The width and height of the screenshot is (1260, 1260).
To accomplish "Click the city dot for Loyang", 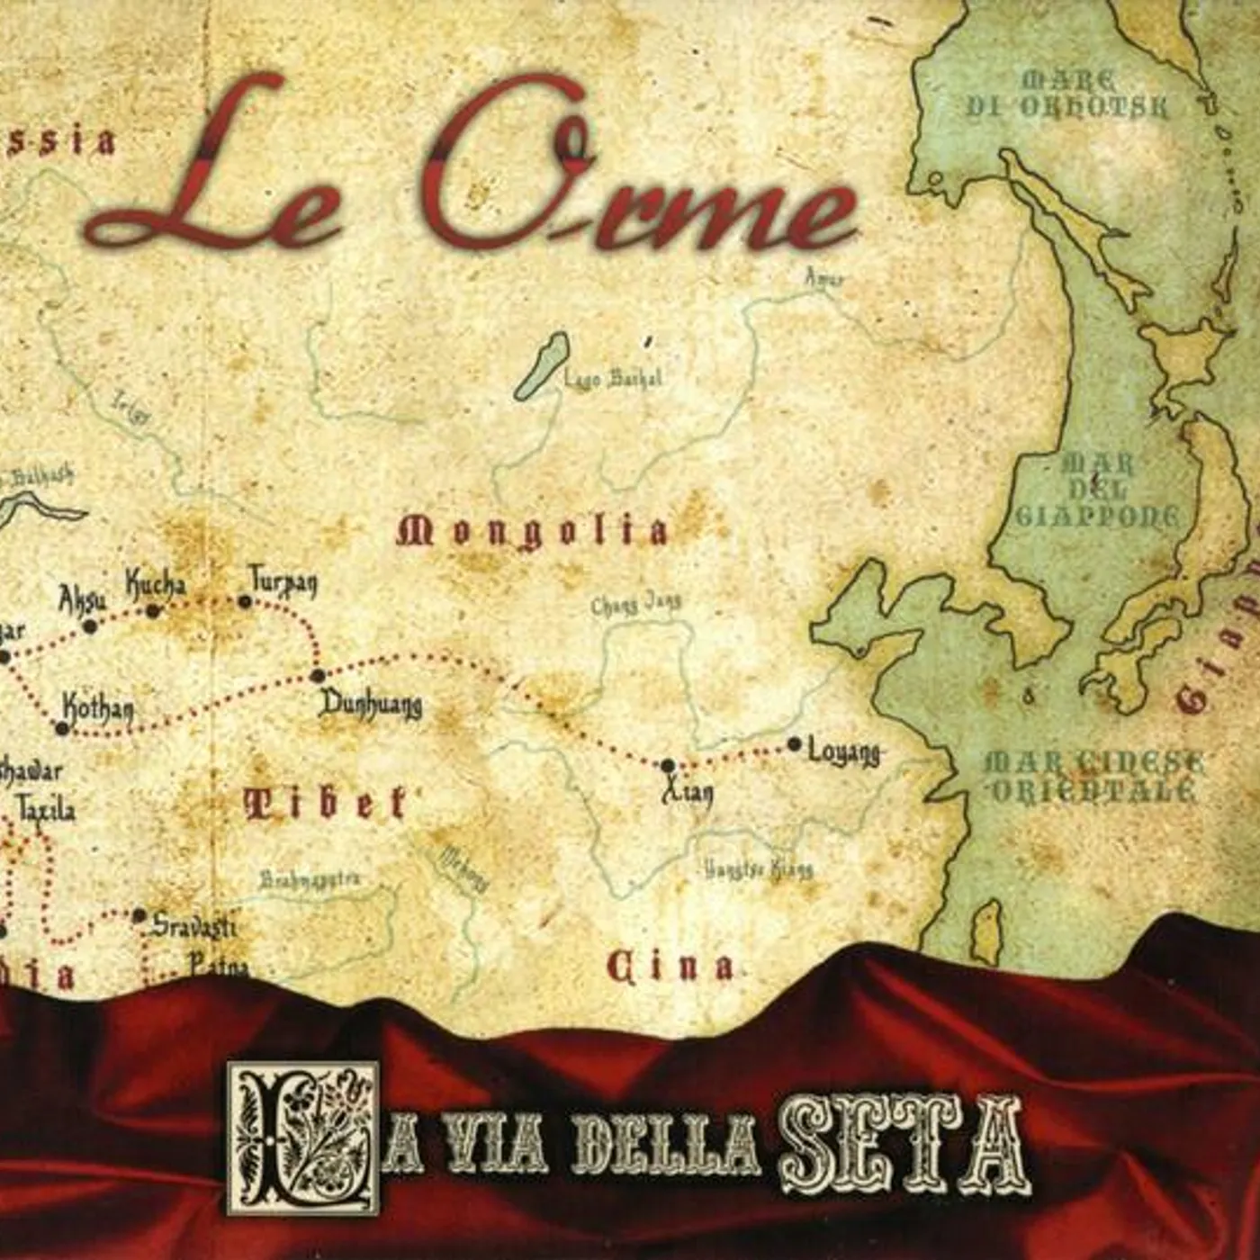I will [794, 744].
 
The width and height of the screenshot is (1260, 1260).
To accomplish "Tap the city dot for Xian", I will [668, 766].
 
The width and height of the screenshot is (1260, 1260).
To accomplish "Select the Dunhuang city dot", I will [317, 675].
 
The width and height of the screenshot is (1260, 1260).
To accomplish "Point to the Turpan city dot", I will [245, 601].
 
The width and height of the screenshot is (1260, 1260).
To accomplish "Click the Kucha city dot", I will [153, 611].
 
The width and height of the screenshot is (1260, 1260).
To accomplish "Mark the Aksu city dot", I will [89, 626].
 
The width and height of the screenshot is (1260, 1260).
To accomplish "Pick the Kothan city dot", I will [62, 727].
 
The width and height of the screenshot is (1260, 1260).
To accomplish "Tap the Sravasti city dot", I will [139, 916].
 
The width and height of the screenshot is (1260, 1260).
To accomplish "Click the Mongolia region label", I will [533, 532].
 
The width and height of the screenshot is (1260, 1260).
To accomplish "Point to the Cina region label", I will [670, 968].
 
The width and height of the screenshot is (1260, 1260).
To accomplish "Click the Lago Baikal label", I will [612, 378].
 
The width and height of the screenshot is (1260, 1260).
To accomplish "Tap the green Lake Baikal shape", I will [543, 364].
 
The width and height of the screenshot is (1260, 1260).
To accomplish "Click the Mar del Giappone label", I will [1098, 490].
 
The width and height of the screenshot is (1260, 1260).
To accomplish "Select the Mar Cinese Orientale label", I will [1093, 777].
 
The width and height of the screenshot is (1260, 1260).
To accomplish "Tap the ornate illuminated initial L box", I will [302, 1137].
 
